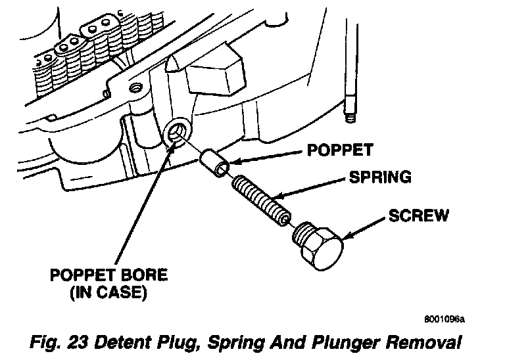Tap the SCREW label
pyautogui.click(x=418, y=215)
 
